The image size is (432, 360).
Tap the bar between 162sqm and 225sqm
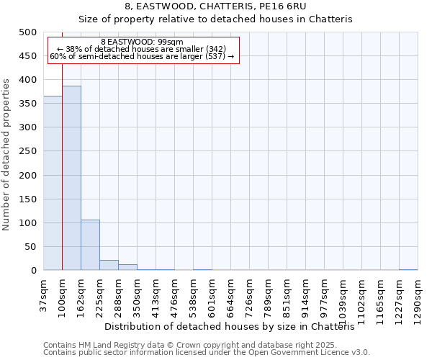[x=90, y=245]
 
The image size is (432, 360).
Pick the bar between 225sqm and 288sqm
[x=109, y=265]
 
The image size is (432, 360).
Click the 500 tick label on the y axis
[x=28, y=32]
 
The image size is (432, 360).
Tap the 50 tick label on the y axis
[x=31, y=247]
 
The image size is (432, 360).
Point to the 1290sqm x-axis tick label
[x=418, y=296]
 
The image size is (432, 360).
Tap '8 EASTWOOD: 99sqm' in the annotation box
[x=143, y=42]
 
